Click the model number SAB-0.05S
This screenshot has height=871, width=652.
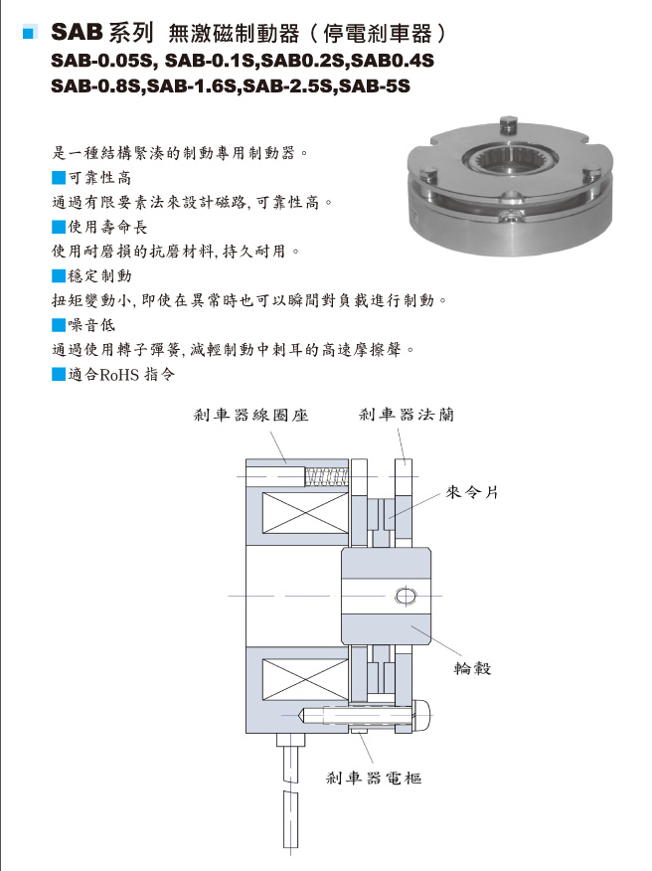point(101,61)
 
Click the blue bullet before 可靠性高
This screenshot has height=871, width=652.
point(59,178)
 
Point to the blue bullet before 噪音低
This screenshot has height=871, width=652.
point(59,325)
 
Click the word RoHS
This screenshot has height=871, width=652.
point(119,375)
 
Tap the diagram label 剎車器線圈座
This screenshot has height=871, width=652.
point(250,415)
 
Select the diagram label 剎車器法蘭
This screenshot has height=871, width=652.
point(406,415)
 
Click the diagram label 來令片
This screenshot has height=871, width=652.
point(471,492)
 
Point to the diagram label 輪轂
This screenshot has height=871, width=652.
point(473,668)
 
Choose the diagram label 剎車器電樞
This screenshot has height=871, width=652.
point(373,778)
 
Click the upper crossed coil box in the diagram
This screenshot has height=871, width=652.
point(305,513)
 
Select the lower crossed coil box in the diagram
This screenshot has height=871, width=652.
point(305,680)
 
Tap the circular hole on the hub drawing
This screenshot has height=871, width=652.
point(406,596)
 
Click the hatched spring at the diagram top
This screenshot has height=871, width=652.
point(327,476)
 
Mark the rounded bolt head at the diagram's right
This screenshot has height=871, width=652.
point(422,716)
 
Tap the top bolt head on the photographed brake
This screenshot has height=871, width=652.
point(508,124)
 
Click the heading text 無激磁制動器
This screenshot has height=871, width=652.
point(234,34)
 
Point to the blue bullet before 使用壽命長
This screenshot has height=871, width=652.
point(59,227)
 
